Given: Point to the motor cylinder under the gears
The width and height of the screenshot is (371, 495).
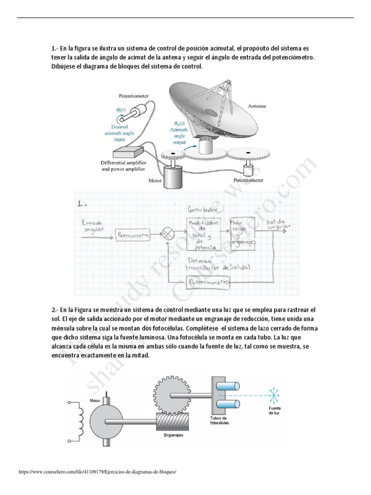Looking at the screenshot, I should pos(173,175).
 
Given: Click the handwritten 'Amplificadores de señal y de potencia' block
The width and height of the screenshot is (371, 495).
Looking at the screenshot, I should pos(202,234).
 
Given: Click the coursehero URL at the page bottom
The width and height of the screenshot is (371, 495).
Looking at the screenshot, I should pos(95,471).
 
